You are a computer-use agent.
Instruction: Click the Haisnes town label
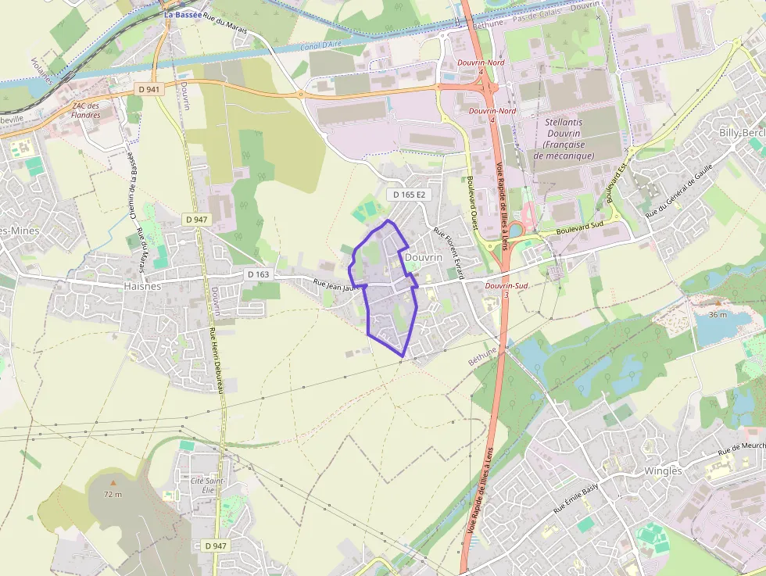coord(141,286)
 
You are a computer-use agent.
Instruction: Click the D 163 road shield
coord(258,274)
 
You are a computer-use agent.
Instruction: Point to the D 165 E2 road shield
coord(409,194)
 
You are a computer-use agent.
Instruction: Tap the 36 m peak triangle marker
coord(718,302)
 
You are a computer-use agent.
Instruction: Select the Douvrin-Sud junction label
coord(506,286)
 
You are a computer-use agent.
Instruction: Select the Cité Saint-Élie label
coord(208,485)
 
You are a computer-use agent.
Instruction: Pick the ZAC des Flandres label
coord(86,110)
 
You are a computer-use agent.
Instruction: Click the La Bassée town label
coord(183,14)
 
